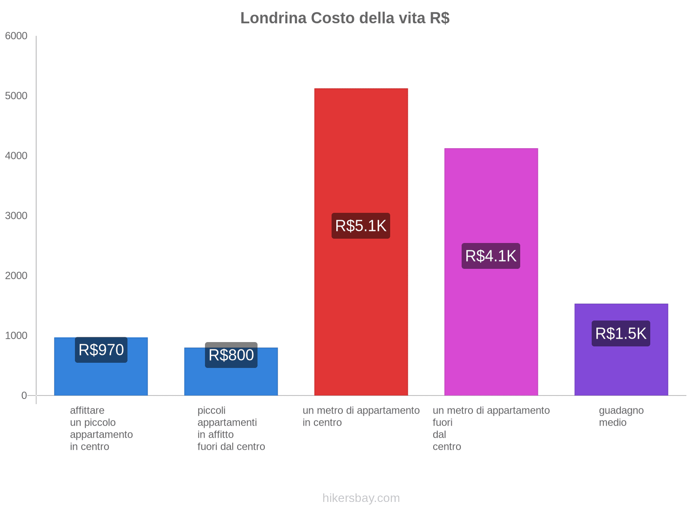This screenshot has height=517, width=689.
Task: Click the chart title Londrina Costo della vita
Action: click(x=344, y=18)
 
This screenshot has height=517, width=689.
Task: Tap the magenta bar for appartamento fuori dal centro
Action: click(x=491, y=323)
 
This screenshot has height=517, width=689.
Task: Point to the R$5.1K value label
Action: click(x=361, y=226)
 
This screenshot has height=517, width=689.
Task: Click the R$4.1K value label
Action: click(x=491, y=256)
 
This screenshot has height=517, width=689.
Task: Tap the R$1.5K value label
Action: click(x=621, y=333)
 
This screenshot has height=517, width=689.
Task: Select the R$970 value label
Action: click(x=101, y=350)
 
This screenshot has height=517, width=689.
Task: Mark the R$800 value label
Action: click(x=231, y=355)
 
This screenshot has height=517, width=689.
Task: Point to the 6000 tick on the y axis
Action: click(x=16, y=36)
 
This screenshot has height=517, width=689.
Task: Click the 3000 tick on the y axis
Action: click(x=16, y=216)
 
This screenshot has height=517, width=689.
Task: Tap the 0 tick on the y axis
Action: click(x=24, y=396)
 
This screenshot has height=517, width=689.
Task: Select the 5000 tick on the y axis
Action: click(x=16, y=96)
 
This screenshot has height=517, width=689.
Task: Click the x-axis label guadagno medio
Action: click(x=621, y=416)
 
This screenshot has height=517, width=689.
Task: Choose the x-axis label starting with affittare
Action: click(x=101, y=428)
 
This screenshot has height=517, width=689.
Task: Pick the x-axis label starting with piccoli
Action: click(x=231, y=428)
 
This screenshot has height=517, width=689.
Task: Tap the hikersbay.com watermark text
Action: click(x=361, y=498)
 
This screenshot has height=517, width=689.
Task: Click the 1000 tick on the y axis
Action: click(x=16, y=336)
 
